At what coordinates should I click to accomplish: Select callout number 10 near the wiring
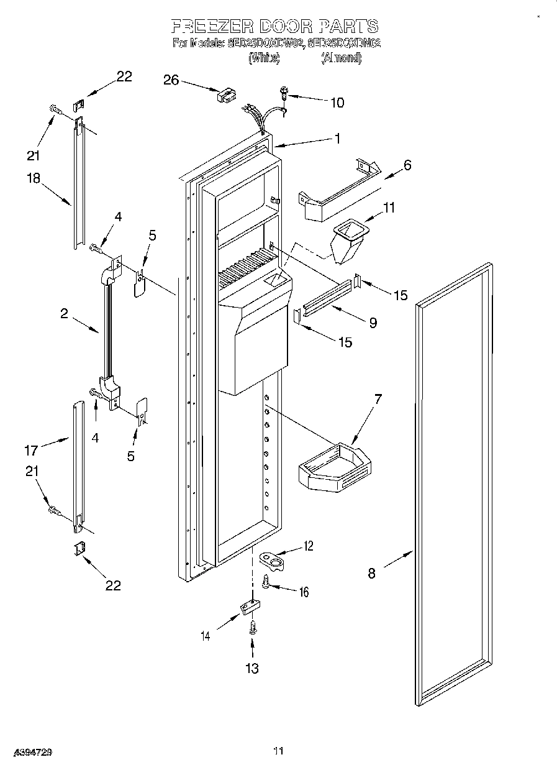click(x=337, y=103)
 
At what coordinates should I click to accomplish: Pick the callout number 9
click(x=373, y=323)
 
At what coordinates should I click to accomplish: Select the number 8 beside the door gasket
click(x=371, y=573)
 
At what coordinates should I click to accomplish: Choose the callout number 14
click(x=205, y=635)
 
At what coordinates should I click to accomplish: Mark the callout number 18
click(x=32, y=178)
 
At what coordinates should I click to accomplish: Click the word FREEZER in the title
click(x=209, y=26)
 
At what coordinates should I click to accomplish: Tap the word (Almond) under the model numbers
click(x=341, y=58)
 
